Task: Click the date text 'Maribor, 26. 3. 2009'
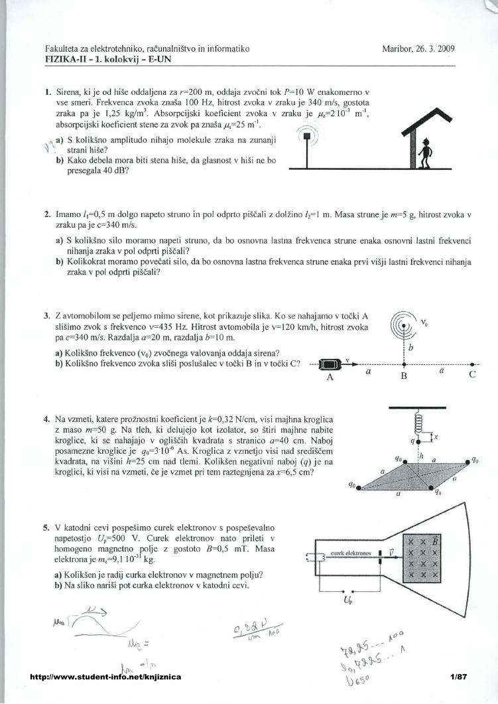pos(418,48)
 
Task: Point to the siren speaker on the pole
pos(306,137)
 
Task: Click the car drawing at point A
pos(329,364)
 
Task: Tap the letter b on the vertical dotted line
pos(412,347)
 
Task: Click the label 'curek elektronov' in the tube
pos(350,552)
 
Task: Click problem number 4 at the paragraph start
pos(46,419)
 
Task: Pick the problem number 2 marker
pos(46,215)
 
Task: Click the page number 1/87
pos(459,677)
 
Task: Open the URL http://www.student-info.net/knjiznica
pos(105,677)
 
